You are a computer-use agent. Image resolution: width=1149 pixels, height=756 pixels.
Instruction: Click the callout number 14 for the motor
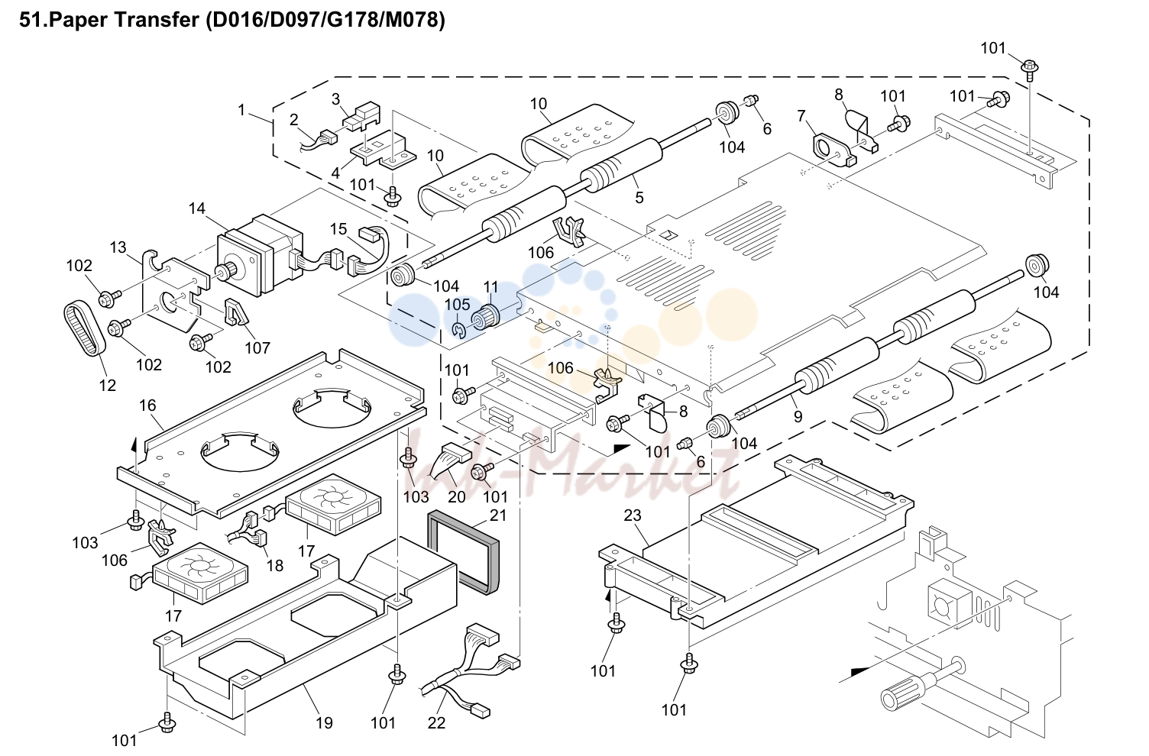196,208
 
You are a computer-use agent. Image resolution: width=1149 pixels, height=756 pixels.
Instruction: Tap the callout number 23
633,515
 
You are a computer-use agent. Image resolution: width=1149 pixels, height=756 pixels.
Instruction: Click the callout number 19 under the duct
324,722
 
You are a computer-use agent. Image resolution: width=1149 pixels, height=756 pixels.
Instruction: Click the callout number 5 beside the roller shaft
639,198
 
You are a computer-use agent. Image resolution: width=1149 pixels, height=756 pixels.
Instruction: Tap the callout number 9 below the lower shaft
798,416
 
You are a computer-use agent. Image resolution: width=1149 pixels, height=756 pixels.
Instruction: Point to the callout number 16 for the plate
147,405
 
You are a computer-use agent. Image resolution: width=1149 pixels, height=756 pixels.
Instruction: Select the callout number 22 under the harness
436,722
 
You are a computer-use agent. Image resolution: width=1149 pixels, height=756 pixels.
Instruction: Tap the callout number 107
257,347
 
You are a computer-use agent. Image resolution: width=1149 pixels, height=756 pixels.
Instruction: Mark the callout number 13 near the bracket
118,247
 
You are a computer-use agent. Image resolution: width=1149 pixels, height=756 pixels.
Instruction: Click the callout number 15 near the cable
338,229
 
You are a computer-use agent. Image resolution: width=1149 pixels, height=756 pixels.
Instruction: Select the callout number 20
457,496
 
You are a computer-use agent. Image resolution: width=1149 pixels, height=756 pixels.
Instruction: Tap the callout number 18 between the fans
275,565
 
